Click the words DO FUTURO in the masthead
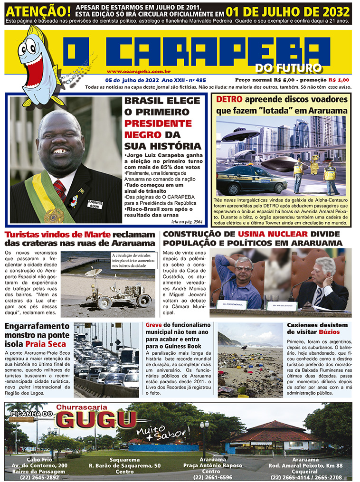[x=288, y=68]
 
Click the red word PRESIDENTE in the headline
[x=158, y=123]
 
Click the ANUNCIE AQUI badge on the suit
[x=95, y=204]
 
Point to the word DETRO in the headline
[x=229, y=100]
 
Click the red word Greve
[x=153, y=325]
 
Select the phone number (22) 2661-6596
[x=212, y=477]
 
